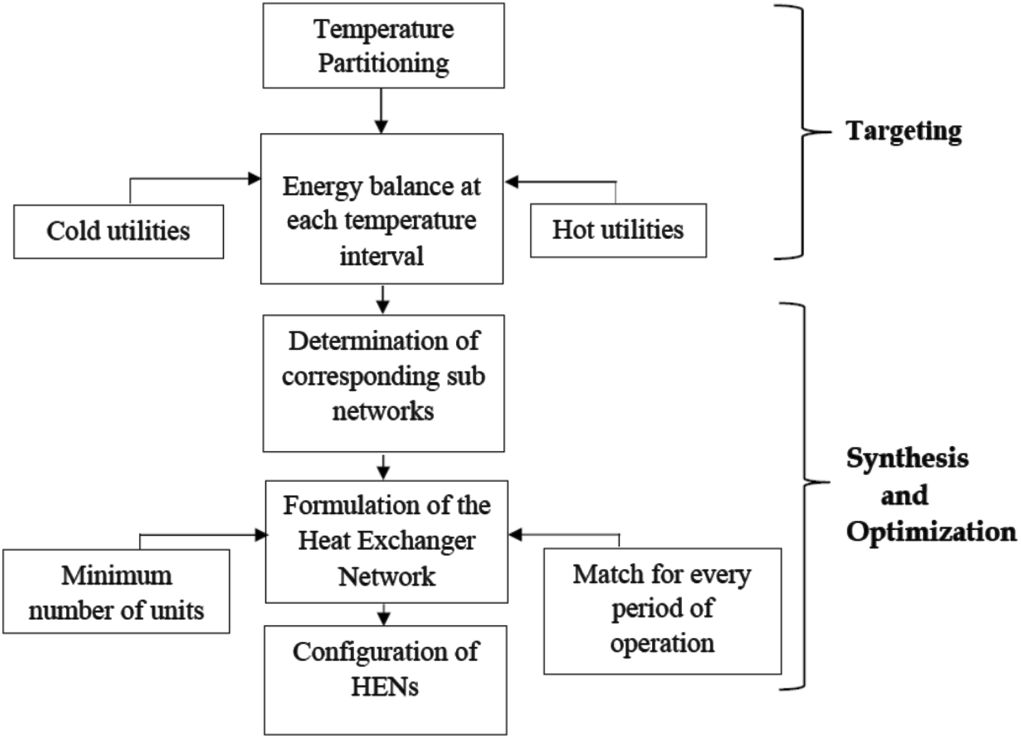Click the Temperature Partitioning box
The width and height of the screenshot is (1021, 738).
(383, 46)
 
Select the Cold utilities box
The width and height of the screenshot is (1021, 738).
(118, 231)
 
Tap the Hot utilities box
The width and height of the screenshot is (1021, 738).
(618, 230)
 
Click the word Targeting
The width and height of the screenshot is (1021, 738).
(904, 131)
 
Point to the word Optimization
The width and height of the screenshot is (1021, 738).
(931, 531)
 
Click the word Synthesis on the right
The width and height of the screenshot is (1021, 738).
(907, 458)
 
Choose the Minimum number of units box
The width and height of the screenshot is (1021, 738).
(116, 592)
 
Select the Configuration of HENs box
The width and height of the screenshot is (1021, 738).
(385, 680)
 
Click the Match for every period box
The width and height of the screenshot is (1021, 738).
(662, 611)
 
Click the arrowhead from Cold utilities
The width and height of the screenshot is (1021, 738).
(255, 179)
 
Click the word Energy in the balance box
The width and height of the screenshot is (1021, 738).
(319, 186)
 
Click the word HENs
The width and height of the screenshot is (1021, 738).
(385, 687)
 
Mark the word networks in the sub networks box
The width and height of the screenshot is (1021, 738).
(383, 411)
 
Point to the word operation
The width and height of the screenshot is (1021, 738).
(662, 643)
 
